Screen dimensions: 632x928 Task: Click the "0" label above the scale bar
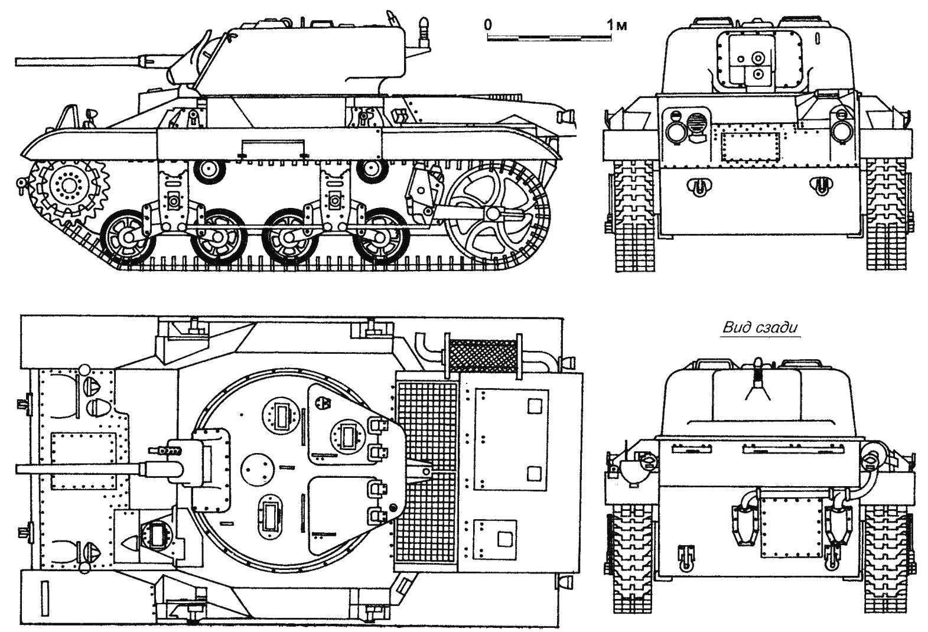coord(487,25)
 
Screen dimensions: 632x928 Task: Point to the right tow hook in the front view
coord(819,186)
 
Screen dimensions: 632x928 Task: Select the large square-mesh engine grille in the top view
coord(426,473)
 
